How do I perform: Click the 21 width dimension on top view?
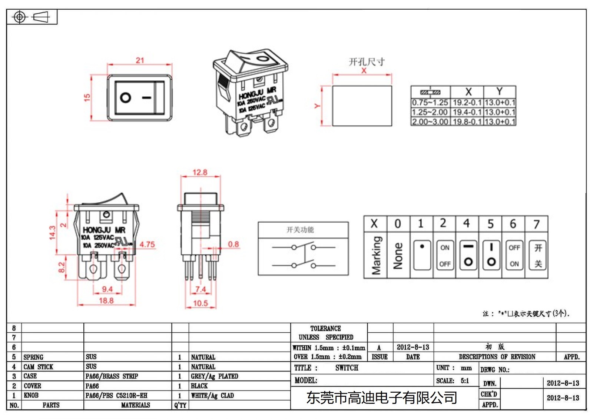(140, 60)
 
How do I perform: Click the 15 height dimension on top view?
(87, 97)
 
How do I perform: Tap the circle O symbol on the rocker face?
(126, 98)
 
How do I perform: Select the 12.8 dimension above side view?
(200, 172)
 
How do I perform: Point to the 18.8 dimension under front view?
(106, 300)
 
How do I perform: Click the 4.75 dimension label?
(147, 245)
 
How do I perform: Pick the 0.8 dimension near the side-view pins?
(233, 244)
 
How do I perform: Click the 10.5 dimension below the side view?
(200, 303)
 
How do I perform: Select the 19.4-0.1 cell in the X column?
(467, 112)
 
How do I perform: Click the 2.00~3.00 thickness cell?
(430, 122)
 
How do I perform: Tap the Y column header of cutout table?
(499, 92)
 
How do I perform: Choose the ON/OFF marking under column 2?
(445, 256)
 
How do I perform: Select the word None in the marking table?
(398, 256)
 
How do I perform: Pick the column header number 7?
(536, 224)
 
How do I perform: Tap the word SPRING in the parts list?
(33, 357)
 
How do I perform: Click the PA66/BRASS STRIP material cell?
(112, 376)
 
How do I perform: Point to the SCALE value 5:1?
(465, 381)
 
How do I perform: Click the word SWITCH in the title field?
(347, 368)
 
